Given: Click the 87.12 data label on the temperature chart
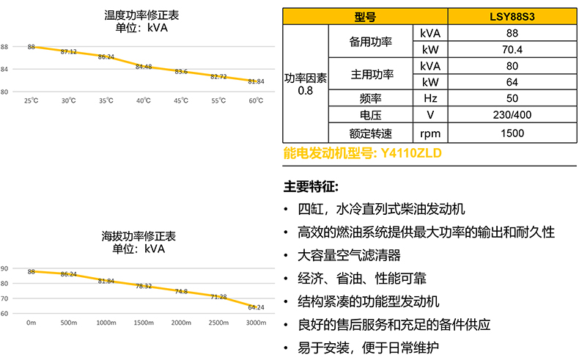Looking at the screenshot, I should [x=69, y=51].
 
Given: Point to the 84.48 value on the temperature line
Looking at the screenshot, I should [x=144, y=67].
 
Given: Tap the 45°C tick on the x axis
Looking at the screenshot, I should [x=181, y=100].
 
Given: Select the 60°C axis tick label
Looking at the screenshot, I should [x=256, y=100].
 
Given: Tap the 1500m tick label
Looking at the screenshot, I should [x=144, y=322].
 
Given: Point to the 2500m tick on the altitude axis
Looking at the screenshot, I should [x=218, y=322].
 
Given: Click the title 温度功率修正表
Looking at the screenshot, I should [x=140, y=14].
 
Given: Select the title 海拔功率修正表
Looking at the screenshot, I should [x=140, y=237].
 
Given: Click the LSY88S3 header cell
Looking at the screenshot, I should [x=512, y=17].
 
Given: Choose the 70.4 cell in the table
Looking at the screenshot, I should [x=512, y=50].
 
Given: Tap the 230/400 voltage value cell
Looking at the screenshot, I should [x=512, y=115].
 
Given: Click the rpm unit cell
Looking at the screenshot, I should [x=429, y=133].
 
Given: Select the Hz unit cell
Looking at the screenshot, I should [x=429, y=98].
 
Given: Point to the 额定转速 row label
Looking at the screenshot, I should [x=371, y=133].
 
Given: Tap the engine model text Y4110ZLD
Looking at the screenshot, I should [x=411, y=154].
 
